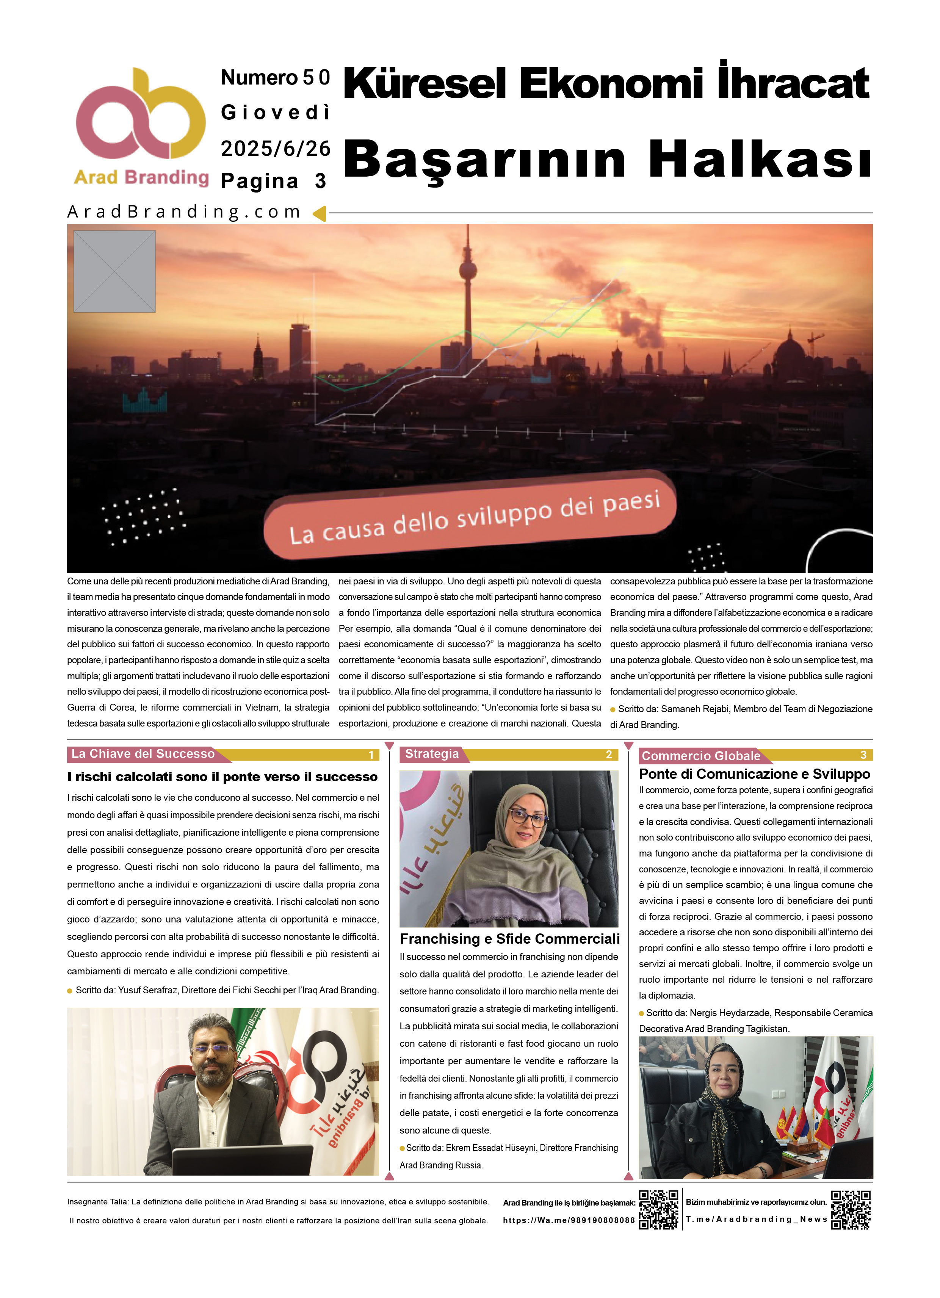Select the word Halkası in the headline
pyautogui.click(x=760, y=159)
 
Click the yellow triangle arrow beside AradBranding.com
pyautogui.click(x=319, y=213)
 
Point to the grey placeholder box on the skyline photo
pyautogui.click(x=114, y=271)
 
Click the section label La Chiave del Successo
pyautogui.click(x=143, y=754)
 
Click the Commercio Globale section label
pyautogui.click(x=701, y=755)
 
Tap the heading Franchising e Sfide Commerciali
pyautogui.click(x=509, y=939)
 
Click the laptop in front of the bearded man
pyautogui.click(x=240, y=1160)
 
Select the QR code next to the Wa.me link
pyautogui.click(x=658, y=1209)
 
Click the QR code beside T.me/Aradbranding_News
pyautogui.click(x=851, y=1209)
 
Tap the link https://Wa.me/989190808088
pyautogui.click(x=569, y=1220)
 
